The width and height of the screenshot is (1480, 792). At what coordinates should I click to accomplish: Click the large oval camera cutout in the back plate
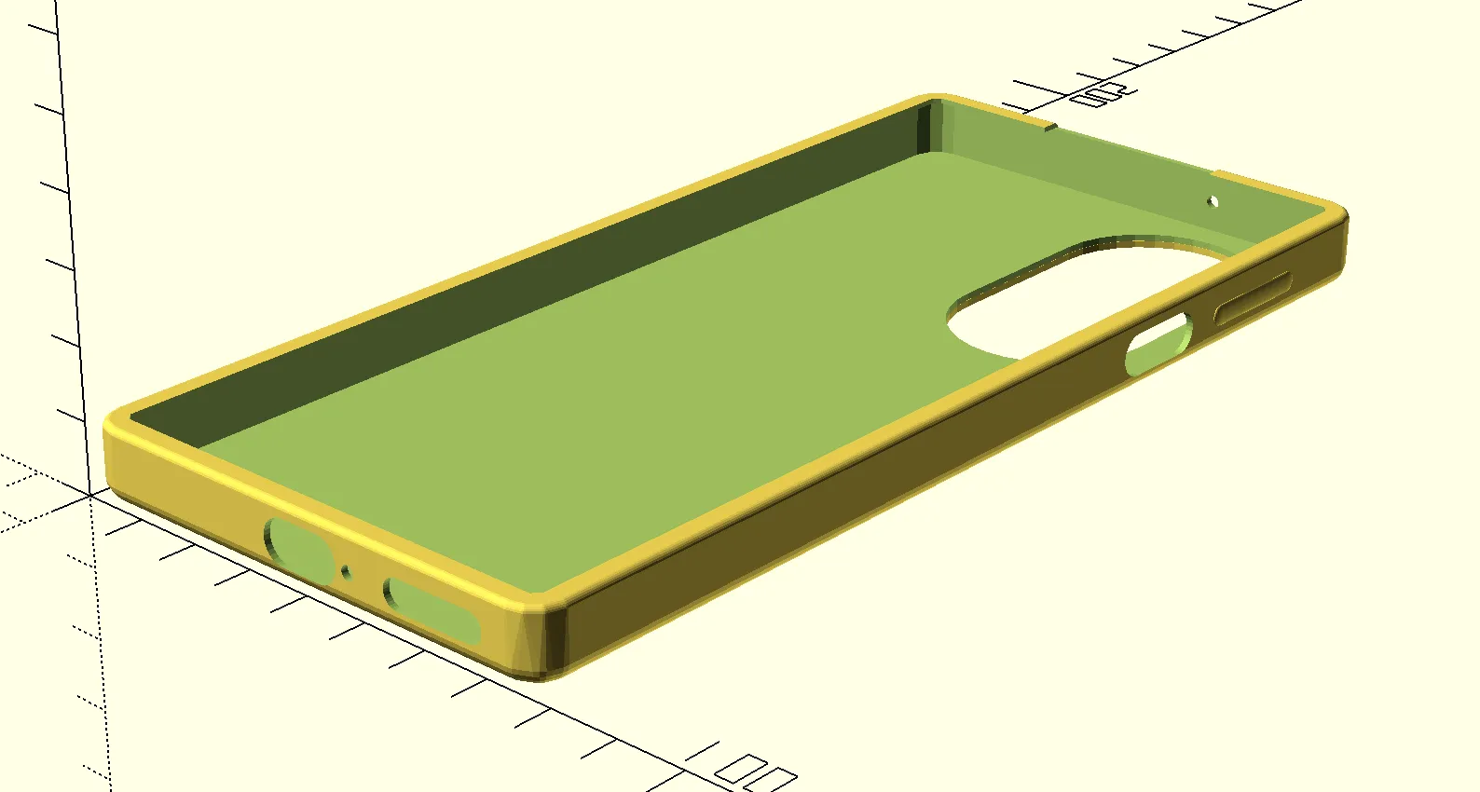[x=1072, y=296]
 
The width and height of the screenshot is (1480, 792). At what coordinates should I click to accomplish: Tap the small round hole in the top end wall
[x=1213, y=201]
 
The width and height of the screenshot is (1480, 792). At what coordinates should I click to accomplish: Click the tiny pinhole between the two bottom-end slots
[x=347, y=571]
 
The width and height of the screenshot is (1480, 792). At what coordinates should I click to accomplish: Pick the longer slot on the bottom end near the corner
[x=431, y=610]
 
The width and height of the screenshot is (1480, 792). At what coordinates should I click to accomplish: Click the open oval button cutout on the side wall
[x=1158, y=345]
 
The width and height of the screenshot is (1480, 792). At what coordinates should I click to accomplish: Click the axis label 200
[x=1103, y=94]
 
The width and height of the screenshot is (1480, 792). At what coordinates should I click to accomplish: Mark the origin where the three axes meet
[x=90, y=496]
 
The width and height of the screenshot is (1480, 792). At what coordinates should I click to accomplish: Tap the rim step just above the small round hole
[x=1217, y=174]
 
